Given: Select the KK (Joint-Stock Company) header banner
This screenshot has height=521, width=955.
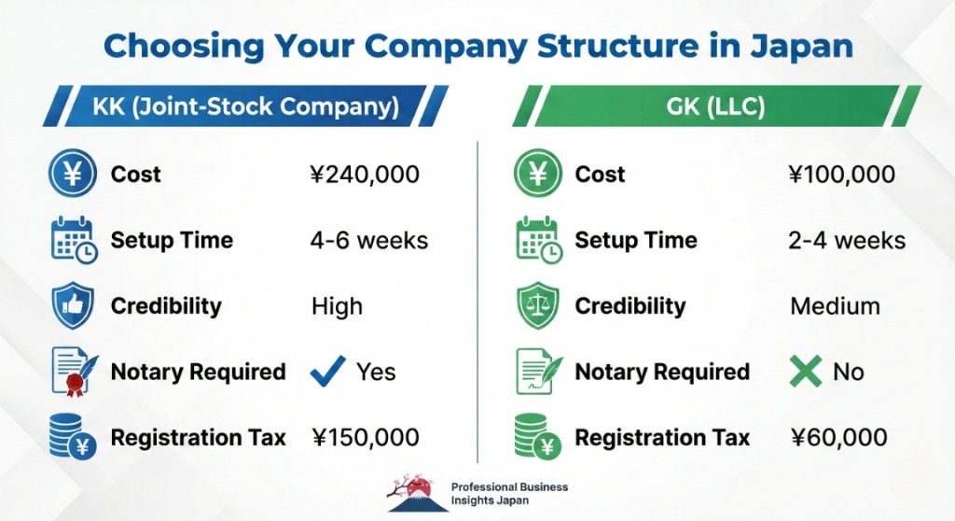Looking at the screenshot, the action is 245,106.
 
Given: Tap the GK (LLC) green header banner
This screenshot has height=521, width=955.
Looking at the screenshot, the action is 715,106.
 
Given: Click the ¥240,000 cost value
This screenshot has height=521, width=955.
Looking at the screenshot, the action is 365,175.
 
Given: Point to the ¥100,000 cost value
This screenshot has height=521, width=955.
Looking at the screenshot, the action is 842,175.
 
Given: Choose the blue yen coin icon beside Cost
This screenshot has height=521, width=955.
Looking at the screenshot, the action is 73,174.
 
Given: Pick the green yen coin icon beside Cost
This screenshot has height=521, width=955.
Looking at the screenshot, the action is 537,174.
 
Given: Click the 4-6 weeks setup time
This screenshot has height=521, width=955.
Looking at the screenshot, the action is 369,240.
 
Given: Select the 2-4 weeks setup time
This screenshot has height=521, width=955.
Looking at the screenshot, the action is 847,240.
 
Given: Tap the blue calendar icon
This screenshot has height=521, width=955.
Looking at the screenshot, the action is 74,240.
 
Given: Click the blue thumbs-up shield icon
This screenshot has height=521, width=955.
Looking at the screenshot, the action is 73,305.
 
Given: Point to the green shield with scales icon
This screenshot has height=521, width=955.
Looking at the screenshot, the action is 538,305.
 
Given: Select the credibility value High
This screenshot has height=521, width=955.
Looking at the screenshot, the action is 337,306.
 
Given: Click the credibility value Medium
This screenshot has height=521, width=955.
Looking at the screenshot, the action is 835,306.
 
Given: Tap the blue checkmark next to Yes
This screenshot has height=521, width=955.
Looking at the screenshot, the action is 327,371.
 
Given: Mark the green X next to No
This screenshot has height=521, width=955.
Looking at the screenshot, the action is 806,372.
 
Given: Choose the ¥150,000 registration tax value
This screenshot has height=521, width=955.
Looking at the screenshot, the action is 366,437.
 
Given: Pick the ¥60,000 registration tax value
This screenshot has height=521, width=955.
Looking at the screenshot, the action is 838,437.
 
